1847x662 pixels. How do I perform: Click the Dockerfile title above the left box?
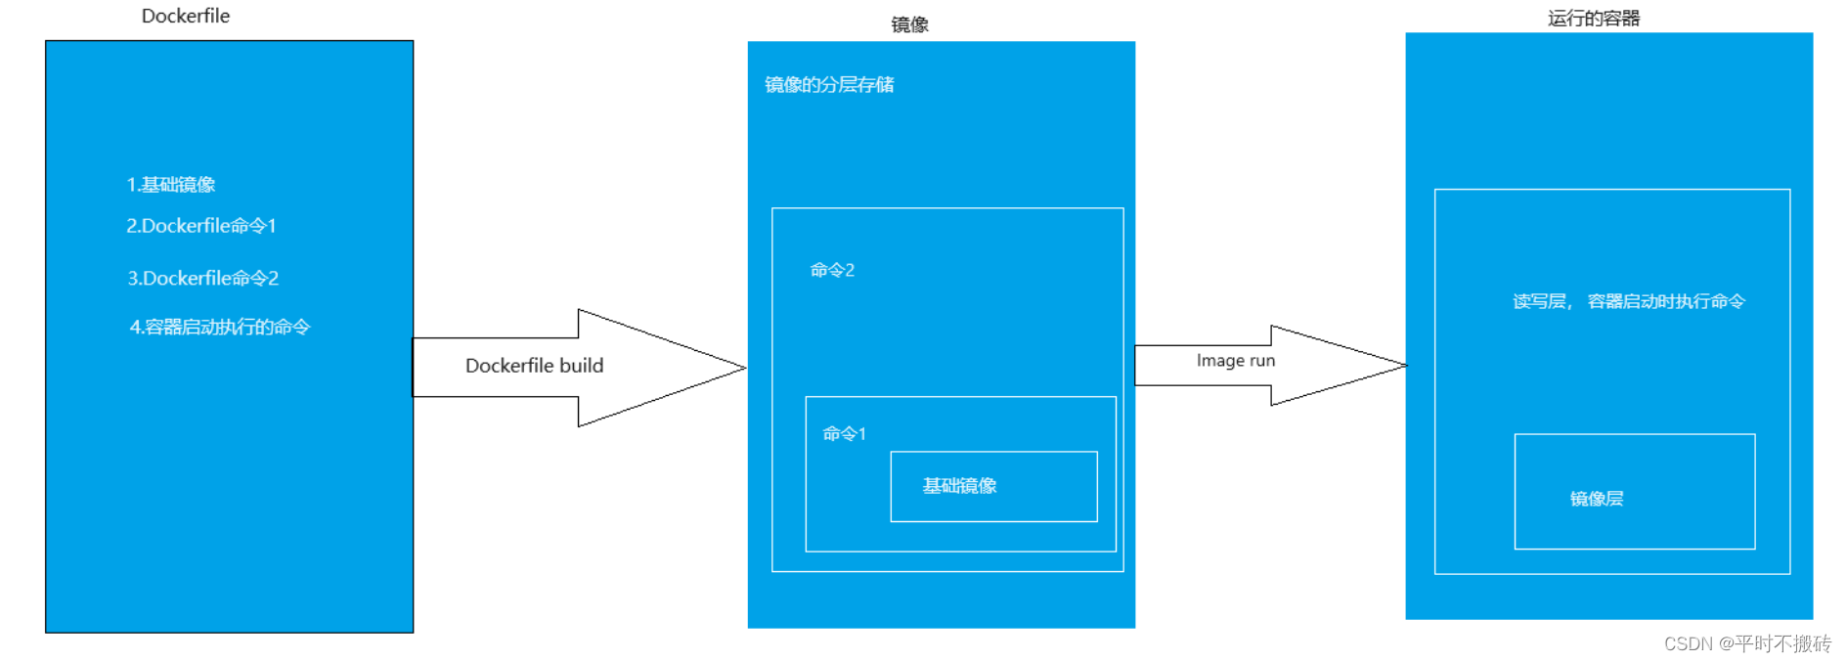[186, 16]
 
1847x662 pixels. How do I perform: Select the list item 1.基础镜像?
[171, 185]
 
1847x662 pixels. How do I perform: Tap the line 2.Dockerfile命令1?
[201, 226]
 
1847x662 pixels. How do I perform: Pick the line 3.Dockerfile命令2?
[203, 279]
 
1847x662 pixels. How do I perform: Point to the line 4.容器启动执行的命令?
[220, 328]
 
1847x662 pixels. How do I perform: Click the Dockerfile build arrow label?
[534, 366]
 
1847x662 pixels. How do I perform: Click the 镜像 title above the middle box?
[909, 24]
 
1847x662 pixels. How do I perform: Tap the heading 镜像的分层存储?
[829, 85]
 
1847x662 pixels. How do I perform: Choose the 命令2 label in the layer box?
[832, 270]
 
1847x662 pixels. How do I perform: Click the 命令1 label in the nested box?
[844, 434]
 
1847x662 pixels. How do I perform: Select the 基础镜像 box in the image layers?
[993, 486]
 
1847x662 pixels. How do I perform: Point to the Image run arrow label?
[1236, 361]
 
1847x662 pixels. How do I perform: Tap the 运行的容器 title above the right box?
[1594, 19]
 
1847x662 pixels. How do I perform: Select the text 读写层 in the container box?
[1539, 302]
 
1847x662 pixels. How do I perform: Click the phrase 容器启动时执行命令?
[1666, 302]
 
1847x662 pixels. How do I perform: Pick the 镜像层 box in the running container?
[1634, 492]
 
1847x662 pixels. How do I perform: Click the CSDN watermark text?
[1747, 643]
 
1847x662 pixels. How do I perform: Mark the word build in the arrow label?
[581, 366]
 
